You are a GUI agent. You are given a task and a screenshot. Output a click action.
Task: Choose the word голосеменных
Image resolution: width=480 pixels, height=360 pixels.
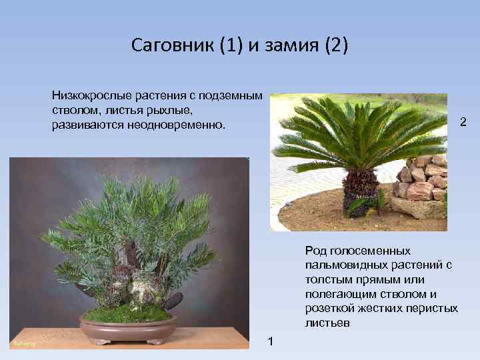tap(367, 250)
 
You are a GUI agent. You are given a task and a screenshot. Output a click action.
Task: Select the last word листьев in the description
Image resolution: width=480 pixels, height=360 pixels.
tap(327, 323)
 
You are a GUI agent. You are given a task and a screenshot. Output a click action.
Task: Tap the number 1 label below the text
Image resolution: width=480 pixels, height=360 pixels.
tap(269, 341)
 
